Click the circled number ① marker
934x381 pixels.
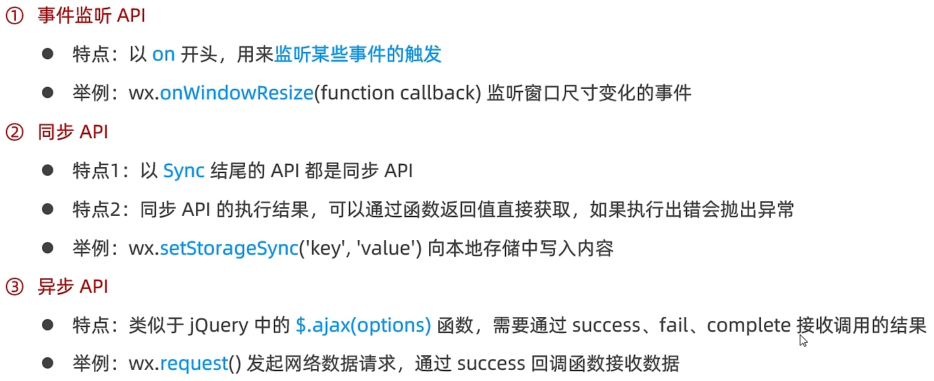coord(14,16)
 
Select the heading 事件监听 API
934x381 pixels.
coord(91,16)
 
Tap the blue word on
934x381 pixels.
coord(163,55)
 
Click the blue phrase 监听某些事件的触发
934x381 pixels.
coord(358,55)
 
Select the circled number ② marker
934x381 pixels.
coord(14,132)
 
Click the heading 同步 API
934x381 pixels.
coord(73,132)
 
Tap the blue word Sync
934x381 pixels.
coord(184,171)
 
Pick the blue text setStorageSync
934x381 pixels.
coord(229,249)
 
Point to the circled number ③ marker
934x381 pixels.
coord(14,287)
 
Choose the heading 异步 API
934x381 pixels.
coord(73,287)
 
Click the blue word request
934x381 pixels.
coord(194,364)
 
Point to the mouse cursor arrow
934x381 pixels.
coord(802,340)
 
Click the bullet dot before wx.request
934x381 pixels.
coord(47,363)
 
